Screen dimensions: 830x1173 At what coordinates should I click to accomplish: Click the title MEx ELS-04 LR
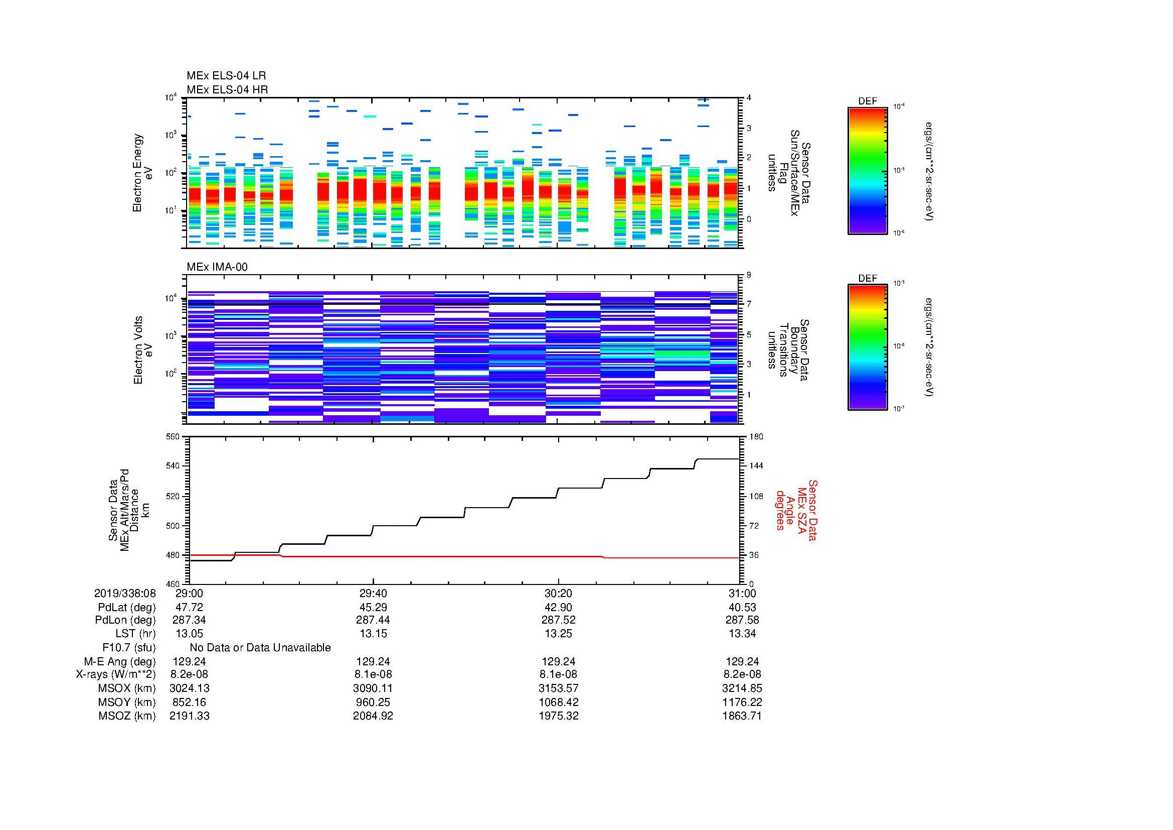pyautogui.click(x=226, y=76)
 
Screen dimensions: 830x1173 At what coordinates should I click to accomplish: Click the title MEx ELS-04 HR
pyautogui.click(x=227, y=89)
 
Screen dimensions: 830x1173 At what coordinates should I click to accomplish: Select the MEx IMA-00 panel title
pyautogui.click(x=217, y=267)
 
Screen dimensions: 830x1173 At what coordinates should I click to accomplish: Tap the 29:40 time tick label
pyautogui.click(x=373, y=593)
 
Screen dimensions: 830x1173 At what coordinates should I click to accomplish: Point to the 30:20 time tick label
pyautogui.click(x=558, y=593)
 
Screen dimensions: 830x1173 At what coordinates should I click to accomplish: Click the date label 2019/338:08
pyautogui.click(x=125, y=593)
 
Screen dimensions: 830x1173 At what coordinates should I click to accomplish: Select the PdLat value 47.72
pyautogui.click(x=189, y=607)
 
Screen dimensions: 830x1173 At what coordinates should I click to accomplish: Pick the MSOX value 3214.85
pyautogui.click(x=742, y=688)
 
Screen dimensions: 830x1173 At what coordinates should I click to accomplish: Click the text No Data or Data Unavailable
pyautogui.click(x=260, y=648)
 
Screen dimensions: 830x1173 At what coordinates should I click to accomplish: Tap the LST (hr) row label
pyautogui.click(x=135, y=634)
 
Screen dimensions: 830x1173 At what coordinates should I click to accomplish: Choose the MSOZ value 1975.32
pyautogui.click(x=558, y=716)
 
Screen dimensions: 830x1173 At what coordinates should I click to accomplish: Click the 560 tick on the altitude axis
pyautogui.click(x=173, y=437)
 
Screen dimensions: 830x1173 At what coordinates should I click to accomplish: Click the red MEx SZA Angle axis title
pyautogui.click(x=796, y=510)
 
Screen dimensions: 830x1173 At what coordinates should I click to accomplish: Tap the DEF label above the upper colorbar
pyautogui.click(x=868, y=101)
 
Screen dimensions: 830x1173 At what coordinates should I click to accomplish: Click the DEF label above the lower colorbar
pyautogui.click(x=868, y=278)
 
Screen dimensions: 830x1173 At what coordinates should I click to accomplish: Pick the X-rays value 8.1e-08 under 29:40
pyautogui.click(x=373, y=674)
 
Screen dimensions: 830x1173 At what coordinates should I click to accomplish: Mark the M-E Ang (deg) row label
pyautogui.click(x=119, y=661)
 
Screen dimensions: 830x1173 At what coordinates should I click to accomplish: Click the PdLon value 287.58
pyautogui.click(x=742, y=620)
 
